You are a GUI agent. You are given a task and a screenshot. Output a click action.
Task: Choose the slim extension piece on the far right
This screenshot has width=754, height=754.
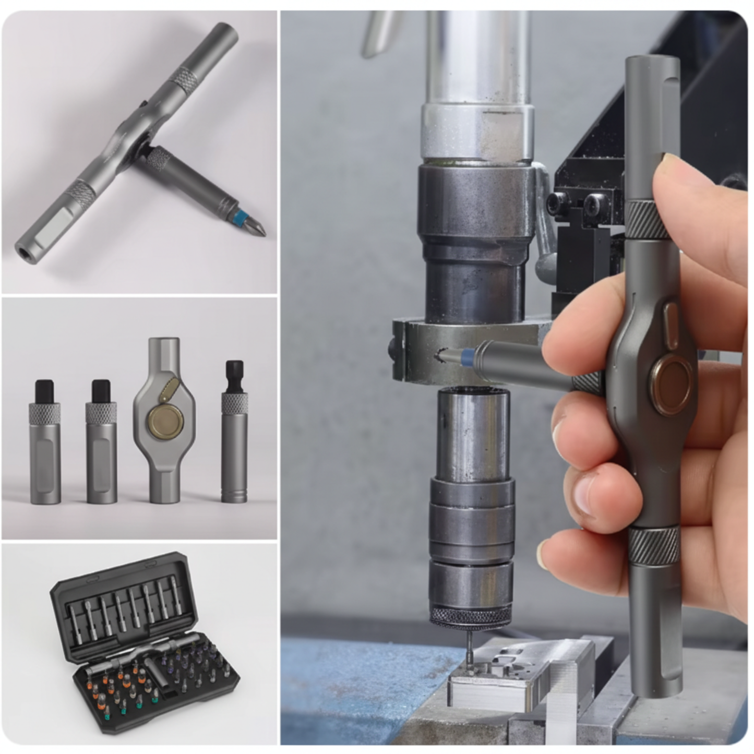(x=234, y=433)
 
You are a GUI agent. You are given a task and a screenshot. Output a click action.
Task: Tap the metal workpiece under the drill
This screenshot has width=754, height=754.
(x=511, y=673)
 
